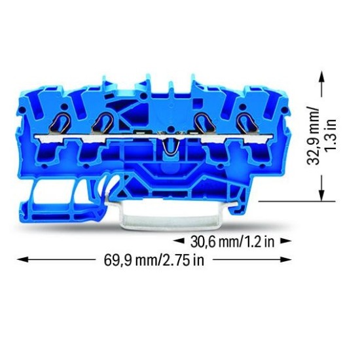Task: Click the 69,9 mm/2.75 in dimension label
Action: point(154,261)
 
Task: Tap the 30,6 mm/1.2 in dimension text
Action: point(232,242)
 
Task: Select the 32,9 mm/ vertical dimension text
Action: point(313,136)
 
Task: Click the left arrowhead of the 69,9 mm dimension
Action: point(22,260)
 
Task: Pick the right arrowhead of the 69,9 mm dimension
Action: point(286,260)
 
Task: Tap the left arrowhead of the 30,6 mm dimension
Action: point(179,241)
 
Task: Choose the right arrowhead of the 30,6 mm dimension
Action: point(286,241)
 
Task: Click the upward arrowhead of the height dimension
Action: point(322,77)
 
